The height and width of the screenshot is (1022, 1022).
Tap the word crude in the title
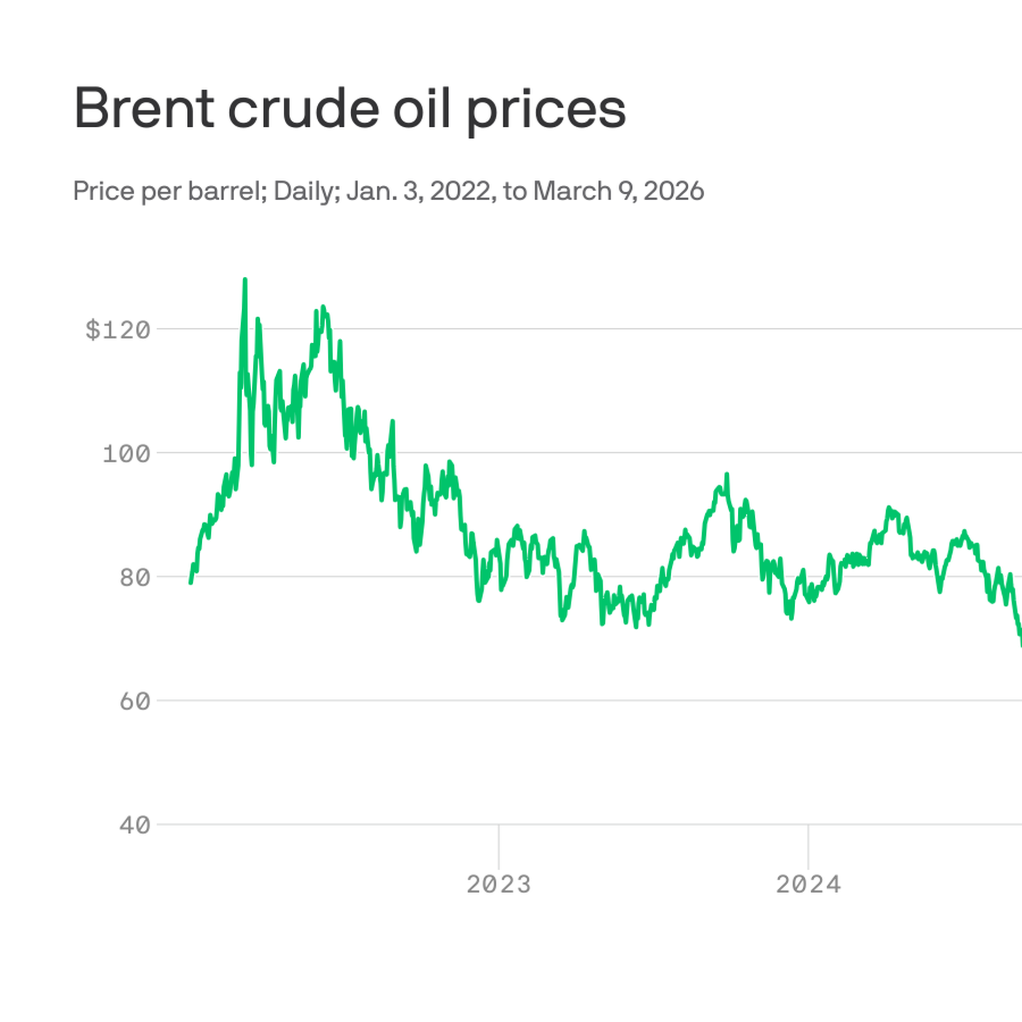303,109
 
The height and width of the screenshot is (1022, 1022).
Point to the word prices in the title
546,112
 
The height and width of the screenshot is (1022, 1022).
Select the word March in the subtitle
572,191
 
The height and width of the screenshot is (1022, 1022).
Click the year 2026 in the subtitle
673,191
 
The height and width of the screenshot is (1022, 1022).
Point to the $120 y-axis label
118,331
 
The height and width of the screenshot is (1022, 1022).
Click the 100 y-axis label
127,455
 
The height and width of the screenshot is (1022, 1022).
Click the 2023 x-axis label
499,886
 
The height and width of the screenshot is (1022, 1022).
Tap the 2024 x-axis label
808,886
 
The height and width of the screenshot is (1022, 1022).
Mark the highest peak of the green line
245,279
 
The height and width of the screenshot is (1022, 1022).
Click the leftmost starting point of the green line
191,583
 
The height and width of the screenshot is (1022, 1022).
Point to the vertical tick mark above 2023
499,846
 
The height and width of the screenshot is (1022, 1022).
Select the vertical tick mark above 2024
808,846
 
